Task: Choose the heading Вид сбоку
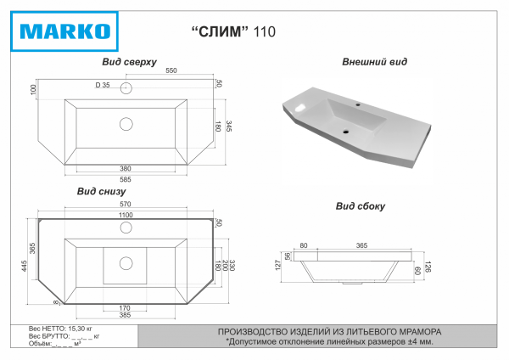pos(361,205)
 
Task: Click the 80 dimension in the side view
pos(303,245)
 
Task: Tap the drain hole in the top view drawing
pos(126,124)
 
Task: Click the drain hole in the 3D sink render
pos(347,132)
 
